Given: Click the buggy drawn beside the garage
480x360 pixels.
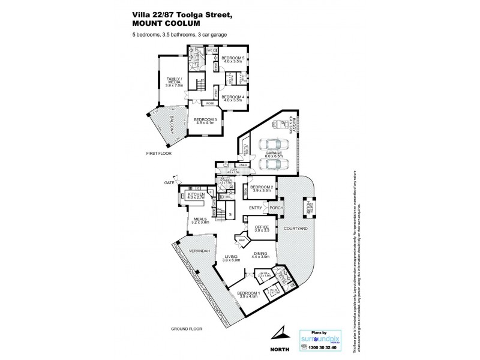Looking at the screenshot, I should (x=280, y=124).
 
